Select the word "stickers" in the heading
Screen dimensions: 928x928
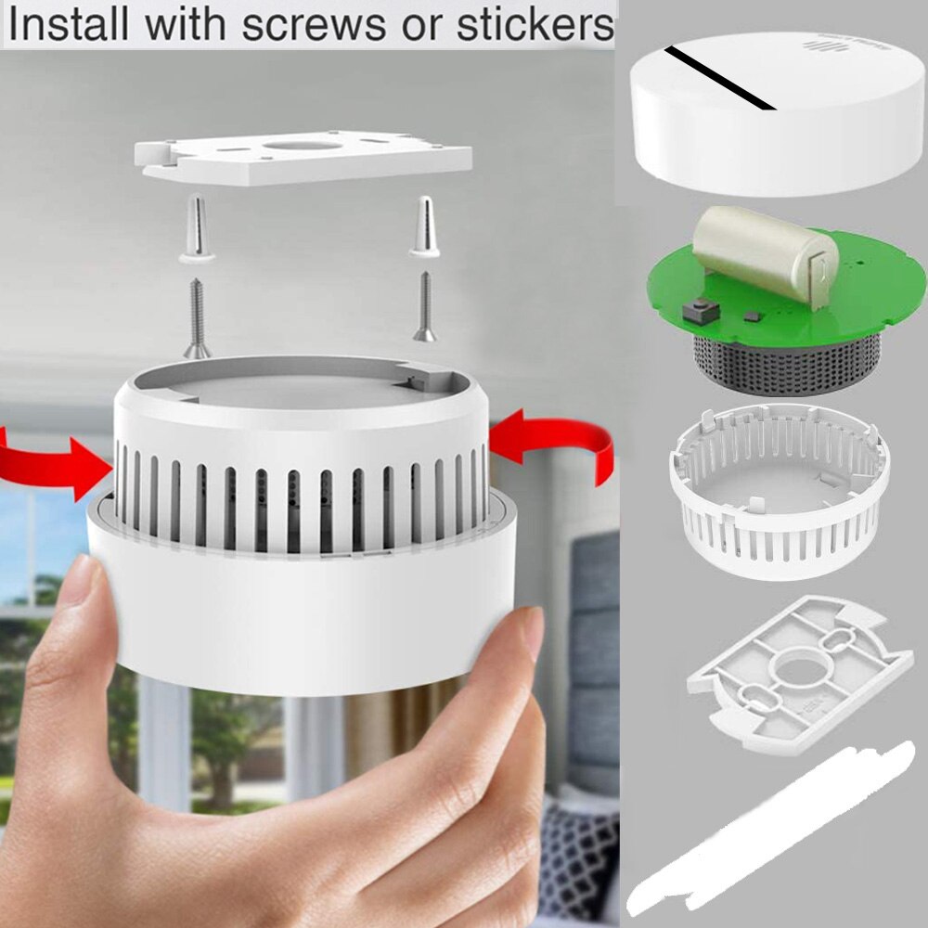(535, 25)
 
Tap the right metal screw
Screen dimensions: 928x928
(424, 306)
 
